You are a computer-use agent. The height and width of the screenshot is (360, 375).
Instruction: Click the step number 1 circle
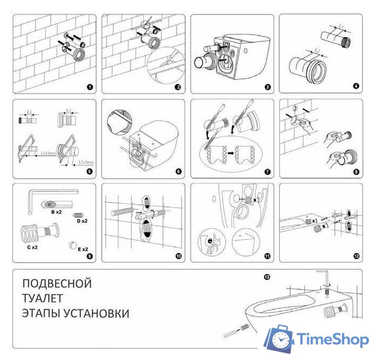point(89,87)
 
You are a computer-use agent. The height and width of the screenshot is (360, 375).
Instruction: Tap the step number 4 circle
point(356,87)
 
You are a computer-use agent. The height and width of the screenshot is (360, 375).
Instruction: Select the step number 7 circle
point(267,172)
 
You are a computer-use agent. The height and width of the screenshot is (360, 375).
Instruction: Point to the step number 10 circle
point(178,256)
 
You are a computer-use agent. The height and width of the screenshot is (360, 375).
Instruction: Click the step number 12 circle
point(356,256)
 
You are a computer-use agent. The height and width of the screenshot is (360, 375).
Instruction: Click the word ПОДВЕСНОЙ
point(57,283)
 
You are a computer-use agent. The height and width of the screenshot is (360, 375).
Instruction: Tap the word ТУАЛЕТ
point(42,298)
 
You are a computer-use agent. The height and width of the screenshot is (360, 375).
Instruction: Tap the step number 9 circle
point(89,256)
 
